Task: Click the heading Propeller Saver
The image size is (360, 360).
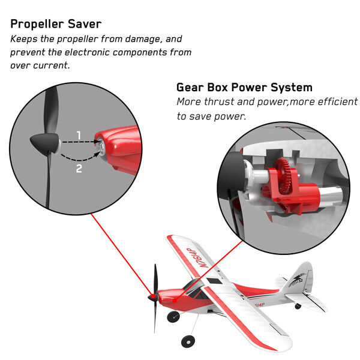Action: coord(56,24)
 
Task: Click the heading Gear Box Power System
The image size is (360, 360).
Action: coord(244,88)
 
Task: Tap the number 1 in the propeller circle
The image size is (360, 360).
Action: coord(79,135)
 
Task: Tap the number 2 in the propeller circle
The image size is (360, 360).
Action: coord(79,169)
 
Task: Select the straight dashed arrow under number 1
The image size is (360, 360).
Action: coord(80,142)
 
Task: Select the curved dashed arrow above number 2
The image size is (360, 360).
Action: coord(79,160)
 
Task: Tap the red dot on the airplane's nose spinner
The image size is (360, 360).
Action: coord(152,296)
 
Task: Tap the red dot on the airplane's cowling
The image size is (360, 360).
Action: coord(175,301)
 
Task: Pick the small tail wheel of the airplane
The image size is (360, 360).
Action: coord(298,306)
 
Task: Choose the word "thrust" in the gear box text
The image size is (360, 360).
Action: coord(219,102)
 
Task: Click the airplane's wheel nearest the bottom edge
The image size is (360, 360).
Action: coord(188,341)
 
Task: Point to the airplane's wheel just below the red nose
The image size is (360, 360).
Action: coord(173,317)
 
